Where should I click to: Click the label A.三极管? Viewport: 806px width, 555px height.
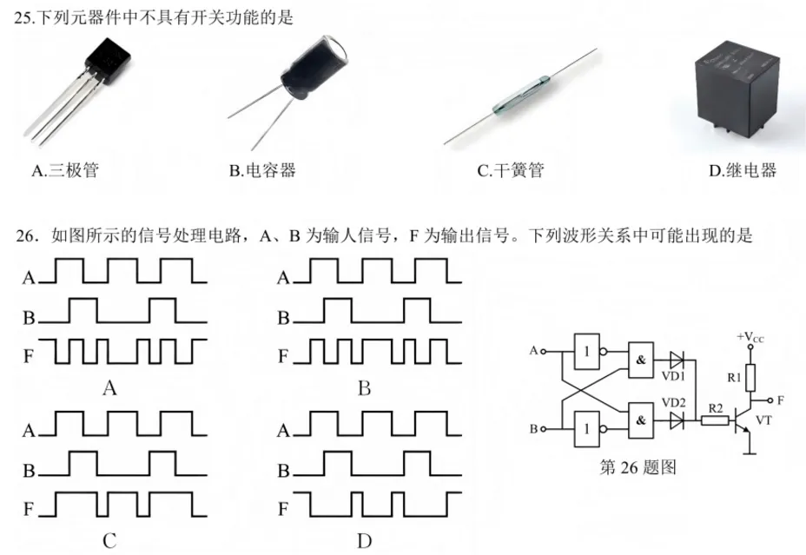coord(65,170)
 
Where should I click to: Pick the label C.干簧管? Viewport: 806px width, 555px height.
coord(510,170)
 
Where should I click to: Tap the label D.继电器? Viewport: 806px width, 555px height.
coord(743,170)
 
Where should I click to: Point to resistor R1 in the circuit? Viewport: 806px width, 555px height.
coord(748,377)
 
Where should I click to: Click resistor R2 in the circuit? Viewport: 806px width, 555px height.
coord(713,420)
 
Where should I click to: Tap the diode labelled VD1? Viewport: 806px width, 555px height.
coord(677,360)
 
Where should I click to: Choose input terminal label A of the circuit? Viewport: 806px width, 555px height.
coord(532,351)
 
